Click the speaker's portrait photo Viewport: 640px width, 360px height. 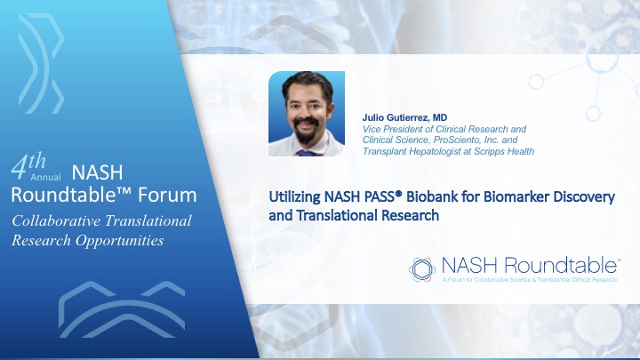(307, 114)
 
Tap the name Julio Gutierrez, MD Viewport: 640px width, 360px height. (404, 117)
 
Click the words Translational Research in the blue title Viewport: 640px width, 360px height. (368, 215)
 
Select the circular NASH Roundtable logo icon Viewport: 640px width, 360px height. (422, 269)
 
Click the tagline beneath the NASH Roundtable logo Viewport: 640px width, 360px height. (530, 280)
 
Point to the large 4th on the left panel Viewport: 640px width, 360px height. (28, 165)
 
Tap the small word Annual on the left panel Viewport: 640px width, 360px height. (45, 177)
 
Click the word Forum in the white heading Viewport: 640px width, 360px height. (167, 195)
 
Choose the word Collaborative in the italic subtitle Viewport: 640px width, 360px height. (56, 220)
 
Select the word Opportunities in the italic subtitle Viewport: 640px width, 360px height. (120, 241)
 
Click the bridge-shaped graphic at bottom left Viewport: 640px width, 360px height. (122, 309)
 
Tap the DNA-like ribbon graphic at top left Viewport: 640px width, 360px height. (41, 63)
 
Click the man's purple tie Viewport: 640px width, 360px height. (306, 153)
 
